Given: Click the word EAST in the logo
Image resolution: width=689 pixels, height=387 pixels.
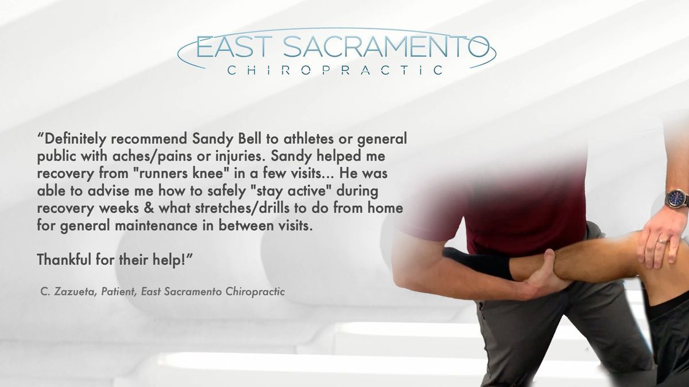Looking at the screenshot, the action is point(234,46).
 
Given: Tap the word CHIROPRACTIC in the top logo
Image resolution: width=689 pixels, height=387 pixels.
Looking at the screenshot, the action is point(335,71).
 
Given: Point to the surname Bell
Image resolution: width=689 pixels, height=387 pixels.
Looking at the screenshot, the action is point(249,139).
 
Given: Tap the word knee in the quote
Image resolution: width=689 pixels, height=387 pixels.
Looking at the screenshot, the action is point(208,174).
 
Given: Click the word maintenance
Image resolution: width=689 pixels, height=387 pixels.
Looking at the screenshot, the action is point(156,226).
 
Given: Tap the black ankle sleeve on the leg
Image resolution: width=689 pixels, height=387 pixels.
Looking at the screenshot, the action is point(478,264).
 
